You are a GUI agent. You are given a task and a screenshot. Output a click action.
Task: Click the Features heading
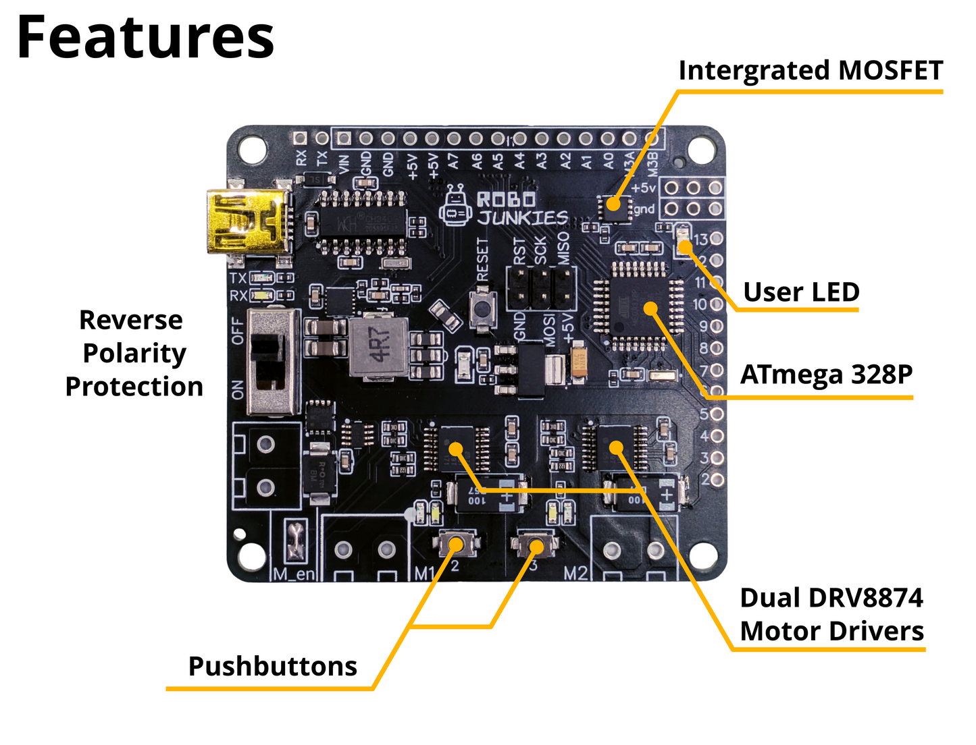[x=145, y=38]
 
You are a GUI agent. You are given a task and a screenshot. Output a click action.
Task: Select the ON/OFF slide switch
[x=273, y=362]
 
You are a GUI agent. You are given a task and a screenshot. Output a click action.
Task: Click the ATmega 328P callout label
[x=826, y=374]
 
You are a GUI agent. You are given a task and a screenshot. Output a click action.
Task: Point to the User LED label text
[x=801, y=292]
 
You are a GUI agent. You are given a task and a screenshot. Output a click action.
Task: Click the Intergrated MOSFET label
[x=811, y=70]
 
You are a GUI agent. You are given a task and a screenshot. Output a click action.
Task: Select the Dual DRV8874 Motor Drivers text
[x=831, y=614]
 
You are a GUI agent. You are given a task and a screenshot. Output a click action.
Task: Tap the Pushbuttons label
[x=272, y=666]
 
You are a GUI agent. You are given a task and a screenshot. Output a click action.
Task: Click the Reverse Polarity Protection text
[x=134, y=353]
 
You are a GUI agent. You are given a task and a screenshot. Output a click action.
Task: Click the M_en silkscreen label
[x=294, y=574]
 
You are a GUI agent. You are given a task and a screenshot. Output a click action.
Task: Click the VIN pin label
[x=344, y=163]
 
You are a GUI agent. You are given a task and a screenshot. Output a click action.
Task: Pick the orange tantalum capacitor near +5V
[x=579, y=362]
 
